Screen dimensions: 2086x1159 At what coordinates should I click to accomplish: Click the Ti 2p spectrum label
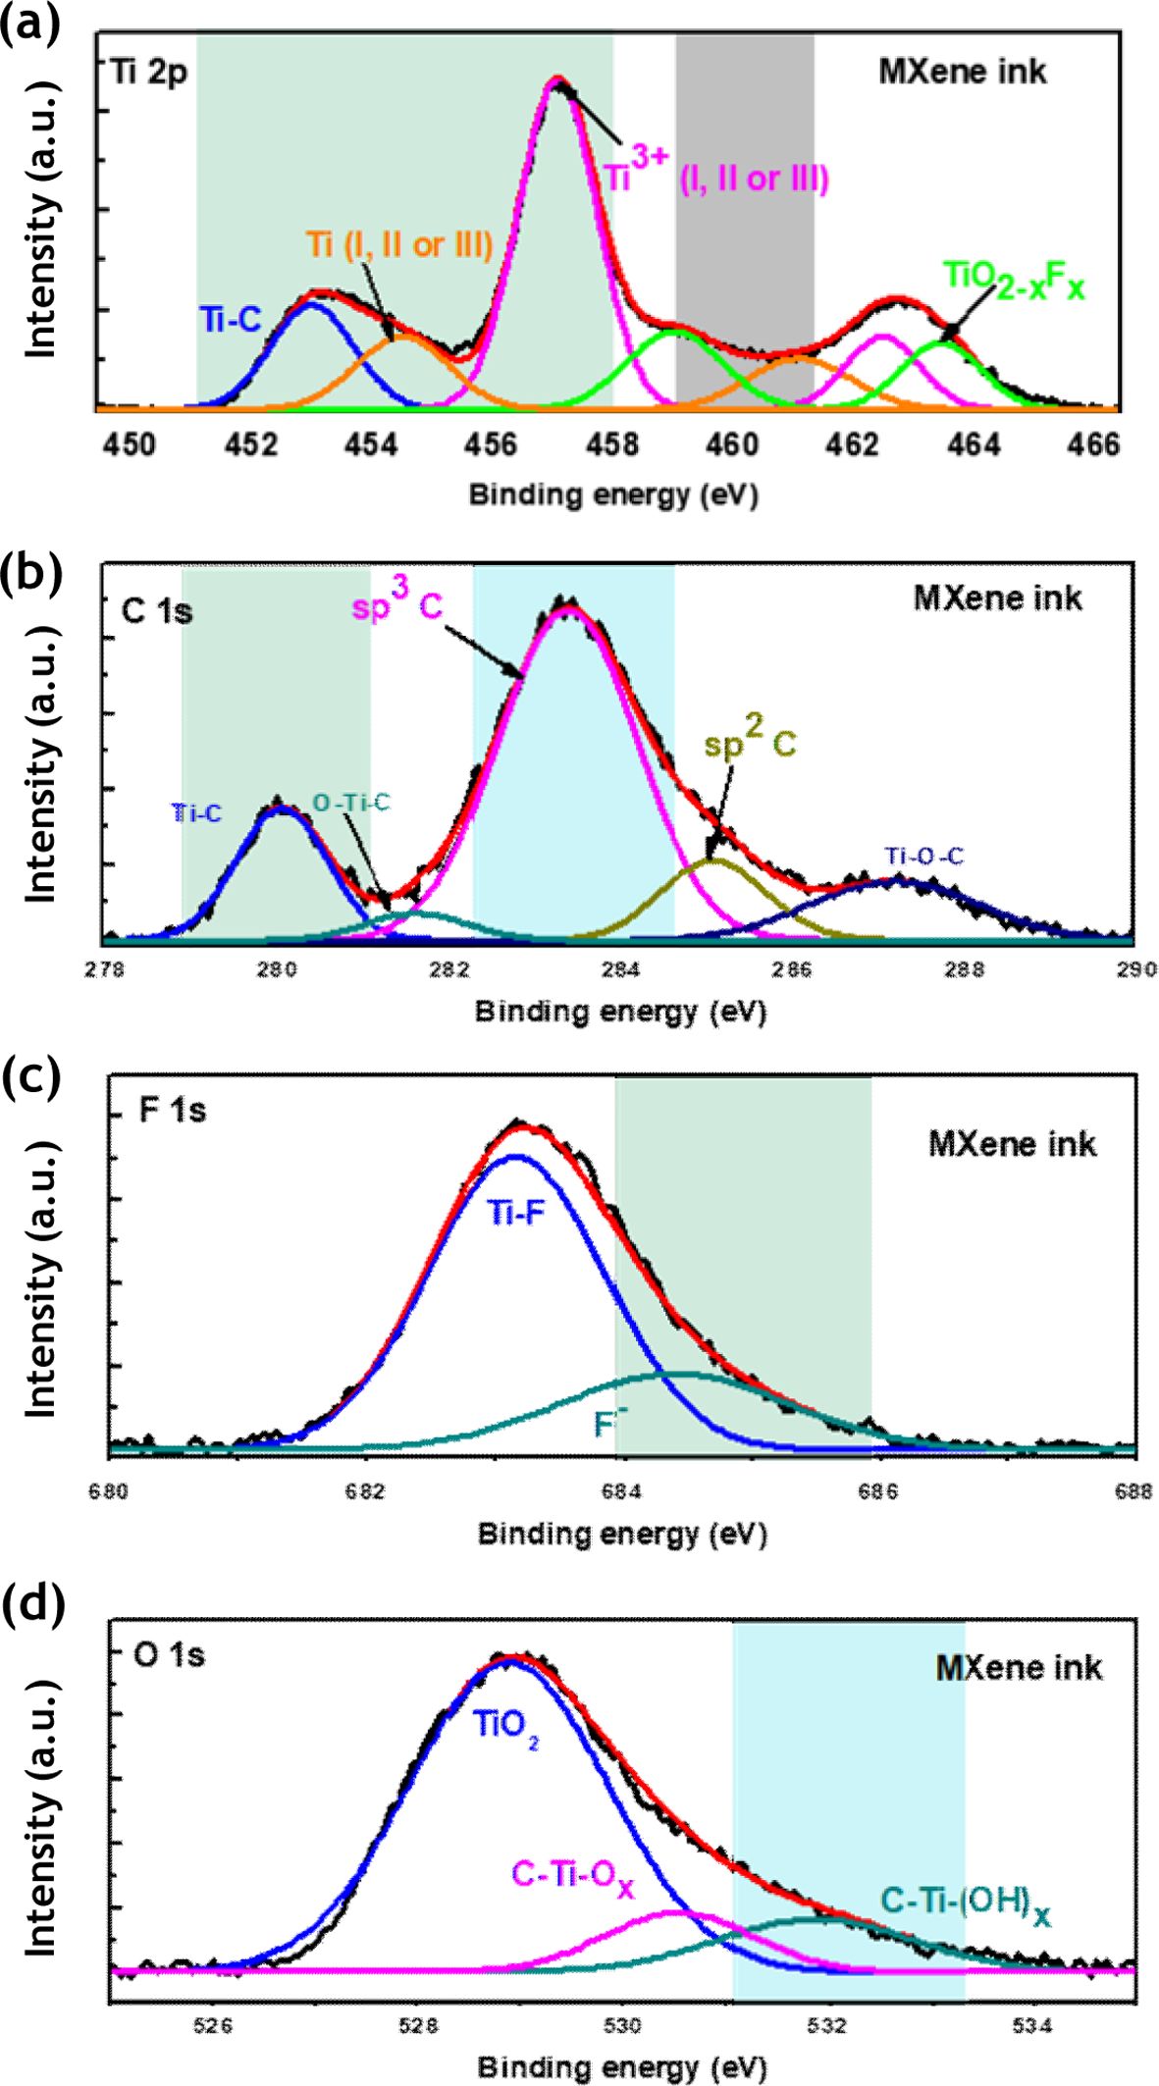tap(150, 73)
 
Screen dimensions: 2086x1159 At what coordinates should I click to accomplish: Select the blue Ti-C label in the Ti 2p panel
tap(231, 320)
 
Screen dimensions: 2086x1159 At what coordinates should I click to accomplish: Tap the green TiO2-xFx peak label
tap(1015, 281)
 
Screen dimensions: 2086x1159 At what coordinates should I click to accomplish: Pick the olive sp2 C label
tap(751, 743)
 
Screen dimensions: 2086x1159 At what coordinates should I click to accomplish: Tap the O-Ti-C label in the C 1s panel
tap(351, 804)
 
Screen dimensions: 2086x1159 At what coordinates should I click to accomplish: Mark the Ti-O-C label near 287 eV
tap(924, 857)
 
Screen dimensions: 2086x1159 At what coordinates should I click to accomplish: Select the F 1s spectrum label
tap(172, 1112)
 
